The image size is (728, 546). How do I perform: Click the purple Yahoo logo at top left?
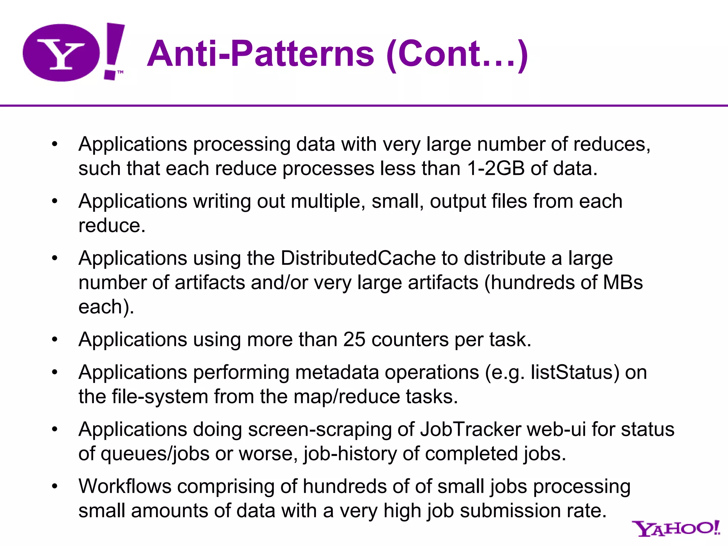73,52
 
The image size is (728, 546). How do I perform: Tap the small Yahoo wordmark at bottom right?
675,529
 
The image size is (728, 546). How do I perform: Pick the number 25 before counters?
354,339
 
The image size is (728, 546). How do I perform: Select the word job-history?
350,454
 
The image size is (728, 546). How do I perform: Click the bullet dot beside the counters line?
54,340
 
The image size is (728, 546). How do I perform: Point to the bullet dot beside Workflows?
54,486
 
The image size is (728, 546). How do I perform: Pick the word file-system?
160,397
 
